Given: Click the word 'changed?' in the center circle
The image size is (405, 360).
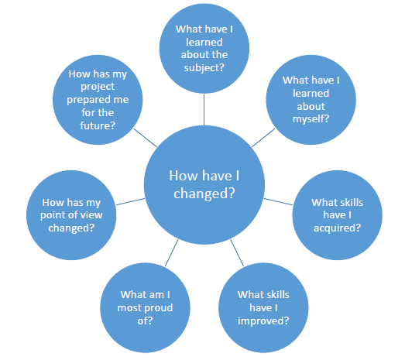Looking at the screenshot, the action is click(204, 193).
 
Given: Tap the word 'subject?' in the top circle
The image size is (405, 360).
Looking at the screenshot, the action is click(204, 67).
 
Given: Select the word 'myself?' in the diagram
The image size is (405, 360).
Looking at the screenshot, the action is click(311, 119).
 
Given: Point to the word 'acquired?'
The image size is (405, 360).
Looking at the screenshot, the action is click(337, 228).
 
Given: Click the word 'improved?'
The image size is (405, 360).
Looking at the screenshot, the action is click(263, 321).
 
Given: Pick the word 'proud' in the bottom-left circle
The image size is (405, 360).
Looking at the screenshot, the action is click(156, 308).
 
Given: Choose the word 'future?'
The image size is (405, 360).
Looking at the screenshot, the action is click(98, 125).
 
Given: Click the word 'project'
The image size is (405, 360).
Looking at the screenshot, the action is click(98, 87).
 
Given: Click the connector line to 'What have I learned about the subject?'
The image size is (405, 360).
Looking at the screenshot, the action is click(204, 110).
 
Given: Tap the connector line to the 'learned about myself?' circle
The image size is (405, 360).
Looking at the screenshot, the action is click(263, 138).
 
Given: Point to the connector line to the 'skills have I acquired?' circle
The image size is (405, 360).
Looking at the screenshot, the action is click(278, 202).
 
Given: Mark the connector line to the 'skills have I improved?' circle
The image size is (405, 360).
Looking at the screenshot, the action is click(237, 252).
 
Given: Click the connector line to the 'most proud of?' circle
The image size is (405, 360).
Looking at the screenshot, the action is click(171, 252).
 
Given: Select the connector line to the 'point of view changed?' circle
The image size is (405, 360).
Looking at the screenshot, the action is click(130, 202).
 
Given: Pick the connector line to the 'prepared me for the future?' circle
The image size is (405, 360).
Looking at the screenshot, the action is click(145, 138).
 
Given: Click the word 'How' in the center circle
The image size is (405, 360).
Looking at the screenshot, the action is click(183, 176).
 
